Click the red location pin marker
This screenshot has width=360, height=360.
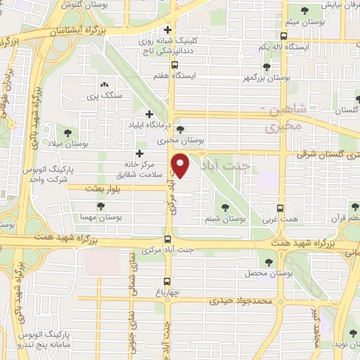181,165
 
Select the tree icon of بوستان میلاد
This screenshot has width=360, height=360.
67,131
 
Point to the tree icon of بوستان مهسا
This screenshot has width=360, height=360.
102,205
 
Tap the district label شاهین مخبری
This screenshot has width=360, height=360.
283,120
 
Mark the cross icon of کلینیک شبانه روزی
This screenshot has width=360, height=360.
167,30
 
